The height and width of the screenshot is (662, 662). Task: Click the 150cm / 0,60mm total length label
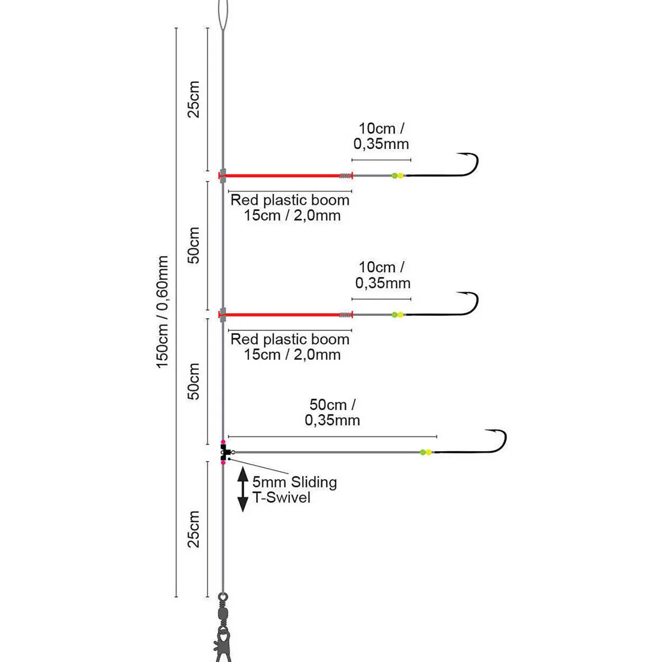point(162,312)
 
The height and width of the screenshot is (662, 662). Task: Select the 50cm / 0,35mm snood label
point(332,412)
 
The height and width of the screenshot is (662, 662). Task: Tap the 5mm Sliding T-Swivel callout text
point(294,490)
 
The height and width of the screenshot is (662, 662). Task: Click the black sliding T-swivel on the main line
point(224,452)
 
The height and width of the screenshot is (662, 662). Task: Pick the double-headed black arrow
point(243,489)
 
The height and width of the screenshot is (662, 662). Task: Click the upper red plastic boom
point(286,176)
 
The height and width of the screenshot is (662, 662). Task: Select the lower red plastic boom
point(286,314)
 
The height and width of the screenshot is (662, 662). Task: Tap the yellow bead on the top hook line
point(400,176)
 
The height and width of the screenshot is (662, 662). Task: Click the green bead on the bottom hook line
point(423,452)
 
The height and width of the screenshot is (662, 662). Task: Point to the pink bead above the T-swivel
point(223,442)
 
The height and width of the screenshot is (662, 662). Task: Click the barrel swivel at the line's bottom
point(223,613)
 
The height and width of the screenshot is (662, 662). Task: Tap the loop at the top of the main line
point(223,16)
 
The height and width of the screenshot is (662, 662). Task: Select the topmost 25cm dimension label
point(194,99)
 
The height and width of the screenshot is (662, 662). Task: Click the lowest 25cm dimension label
point(194,529)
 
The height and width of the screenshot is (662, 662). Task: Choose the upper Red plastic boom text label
point(290,208)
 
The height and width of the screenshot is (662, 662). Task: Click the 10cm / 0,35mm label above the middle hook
point(382,275)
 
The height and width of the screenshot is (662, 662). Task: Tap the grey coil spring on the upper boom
point(346,176)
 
